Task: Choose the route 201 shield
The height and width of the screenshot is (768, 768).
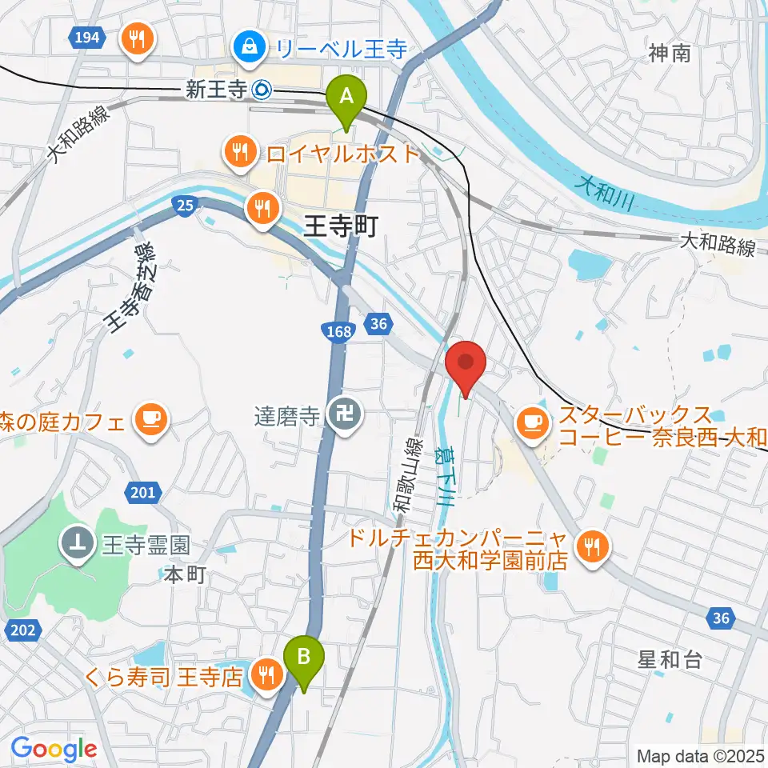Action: tap(142, 492)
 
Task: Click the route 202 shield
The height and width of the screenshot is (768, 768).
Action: tap(24, 630)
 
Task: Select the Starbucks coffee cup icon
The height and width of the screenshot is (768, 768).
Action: tap(531, 421)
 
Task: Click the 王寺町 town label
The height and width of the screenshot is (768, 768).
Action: tap(340, 228)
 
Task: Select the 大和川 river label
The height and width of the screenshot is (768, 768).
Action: tap(605, 193)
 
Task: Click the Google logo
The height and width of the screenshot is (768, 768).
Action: tap(54, 749)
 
